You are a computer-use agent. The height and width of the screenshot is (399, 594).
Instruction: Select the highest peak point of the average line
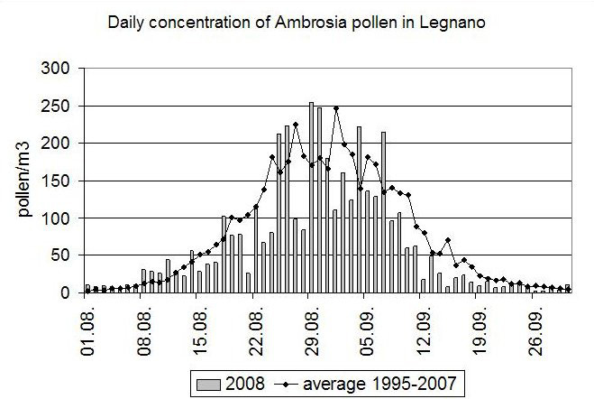(x=336, y=109)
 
